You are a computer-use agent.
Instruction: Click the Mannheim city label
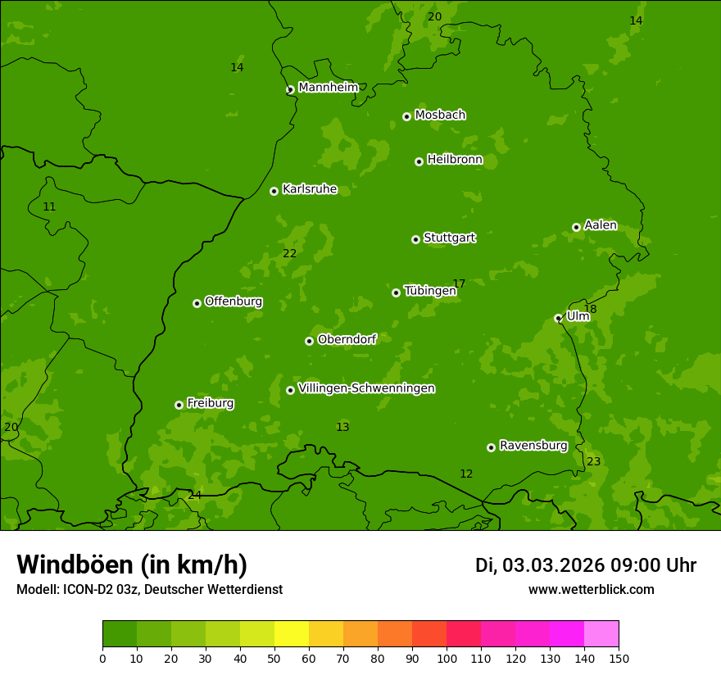pyautogui.click(x=328, y=88)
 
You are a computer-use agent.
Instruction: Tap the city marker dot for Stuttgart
pyautogui.click(x=415, y=239)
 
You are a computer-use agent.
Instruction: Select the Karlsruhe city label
pyautogui.click(x=309, y=189)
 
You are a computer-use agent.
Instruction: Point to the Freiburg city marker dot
pyautogui.click(x=179, y=405)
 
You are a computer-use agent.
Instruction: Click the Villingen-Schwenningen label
pyautogui.click(x=366, y=388)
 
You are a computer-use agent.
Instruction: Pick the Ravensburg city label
pyautogui.click(x=533, y=446)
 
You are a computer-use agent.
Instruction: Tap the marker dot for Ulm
pyautogui.click(x=558, y=318)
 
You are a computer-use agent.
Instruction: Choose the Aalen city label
pyautogui.click(x=600, y=225)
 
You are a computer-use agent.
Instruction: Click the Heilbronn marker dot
pyautogui.click(x=419, y=161)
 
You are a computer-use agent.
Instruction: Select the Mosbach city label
pyautogui.click(x=439, y=116)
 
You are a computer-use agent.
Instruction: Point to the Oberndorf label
pyautogui.click(x=347, y=339)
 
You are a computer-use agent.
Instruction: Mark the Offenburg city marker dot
pyautogui.click(x=197, y=303)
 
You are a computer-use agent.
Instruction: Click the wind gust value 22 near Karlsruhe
pyautogui.click(x=289, y=254)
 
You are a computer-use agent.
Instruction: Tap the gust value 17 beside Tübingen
pyautogui.click(x=459, y=284)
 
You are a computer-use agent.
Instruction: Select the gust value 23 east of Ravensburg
pyautogui.click(x=593, y=462)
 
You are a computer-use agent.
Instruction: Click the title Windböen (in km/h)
pyautogui.click(x=132, y=564)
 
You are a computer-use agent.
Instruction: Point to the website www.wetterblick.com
pyautogui.click(x=591, y=589)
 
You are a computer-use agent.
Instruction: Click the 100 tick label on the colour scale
pyautogui.click(x=446, y=658)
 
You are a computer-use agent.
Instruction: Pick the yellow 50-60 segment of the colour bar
pyautogui.click(x=291, y=633)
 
